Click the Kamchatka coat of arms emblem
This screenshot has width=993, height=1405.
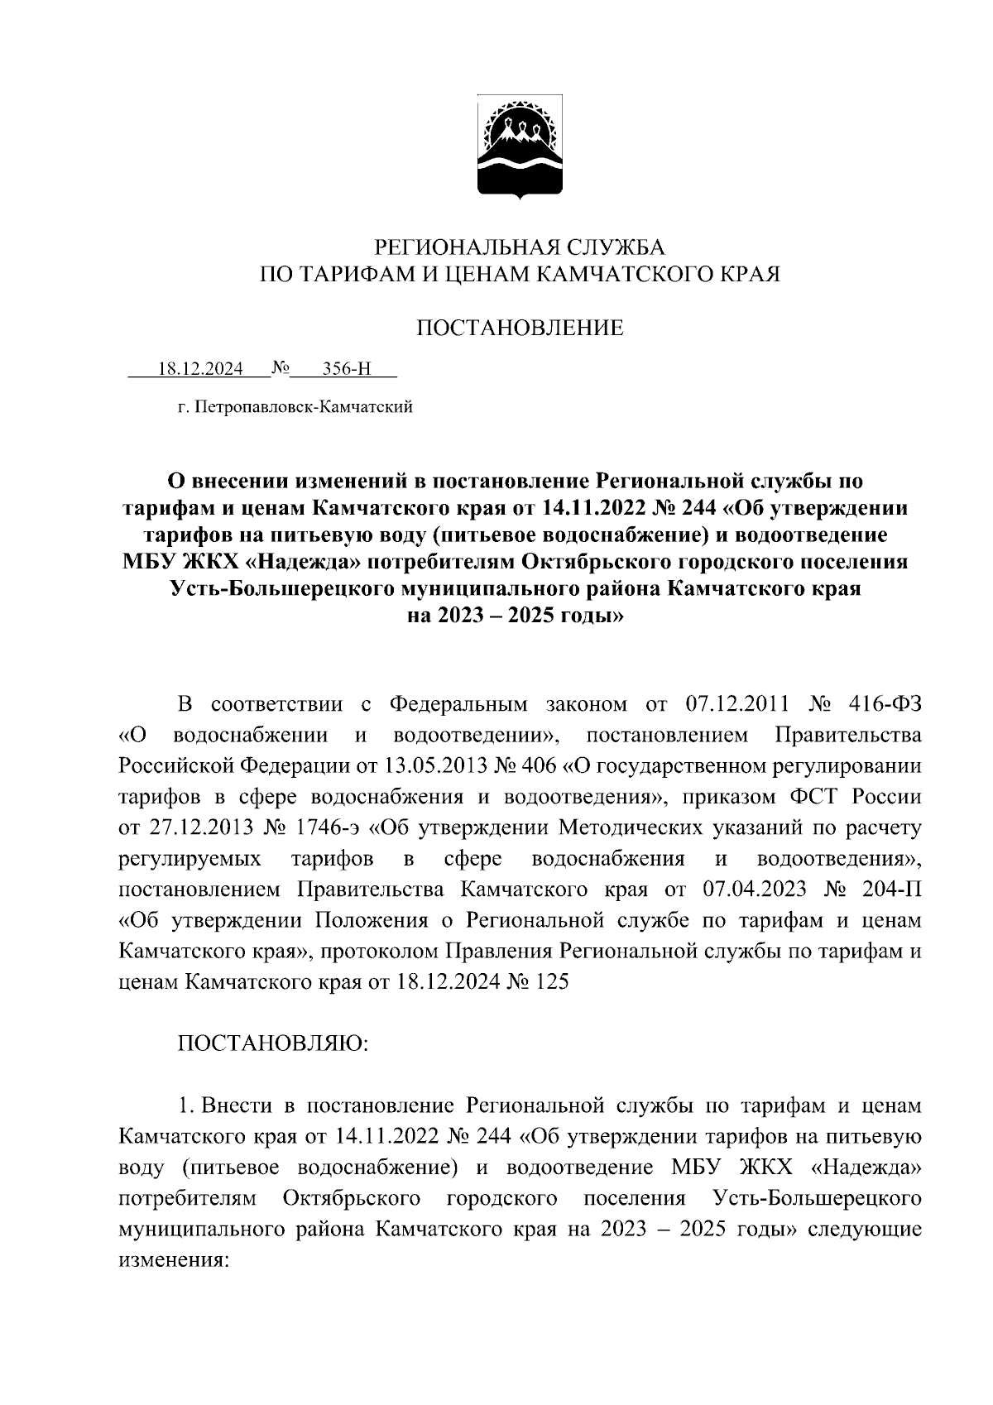[x=520, y=148]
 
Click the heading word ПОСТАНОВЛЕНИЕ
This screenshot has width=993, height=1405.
[x=519, y=328]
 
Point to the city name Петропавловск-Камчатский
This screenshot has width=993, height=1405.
[x=303, y=407]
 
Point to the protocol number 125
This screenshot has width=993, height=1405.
[x=550, y=982]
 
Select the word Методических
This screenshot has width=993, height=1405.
[x=633, y=828]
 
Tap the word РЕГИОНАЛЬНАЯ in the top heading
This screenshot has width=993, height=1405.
[x=445, y=247]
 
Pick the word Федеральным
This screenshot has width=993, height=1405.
[x=458, y=704]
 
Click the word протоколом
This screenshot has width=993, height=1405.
[x=377, y=952]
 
